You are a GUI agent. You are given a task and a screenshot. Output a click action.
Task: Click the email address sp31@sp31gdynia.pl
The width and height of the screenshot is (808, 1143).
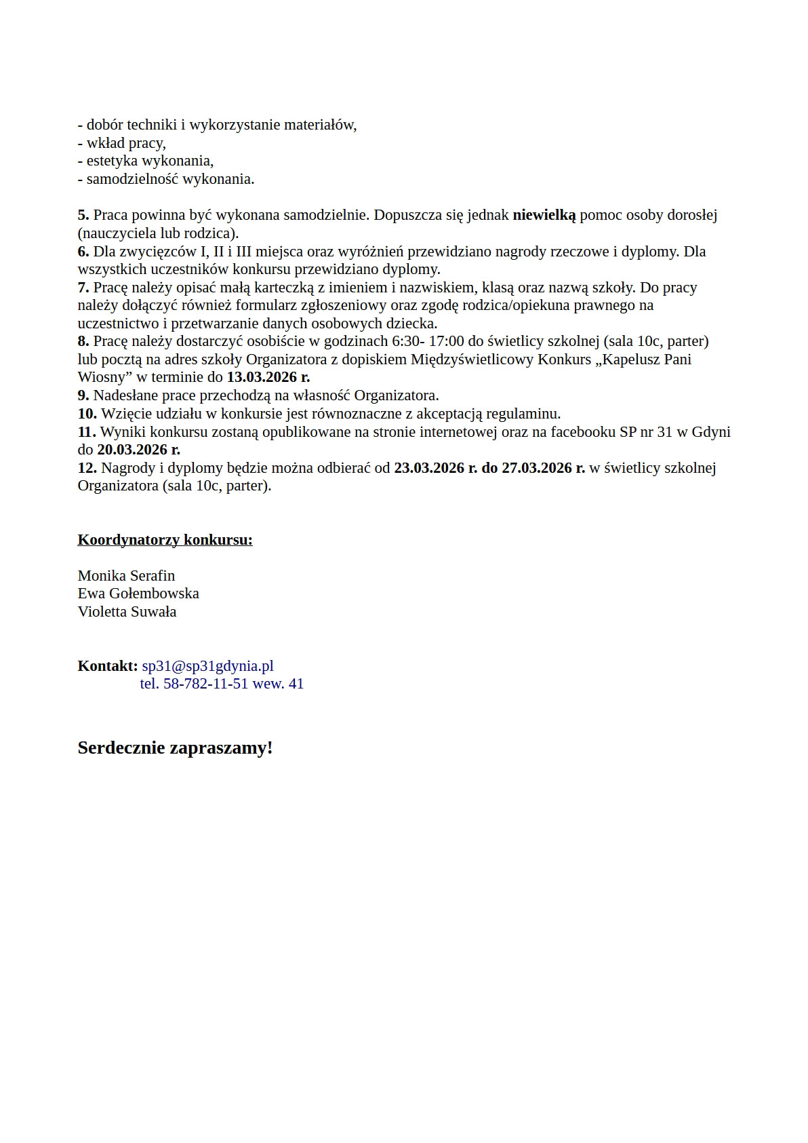pos(207,666)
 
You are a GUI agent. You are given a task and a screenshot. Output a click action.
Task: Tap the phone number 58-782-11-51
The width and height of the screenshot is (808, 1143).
pos(206,684)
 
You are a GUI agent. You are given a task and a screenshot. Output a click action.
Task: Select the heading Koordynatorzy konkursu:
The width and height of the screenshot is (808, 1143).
pos(165,540)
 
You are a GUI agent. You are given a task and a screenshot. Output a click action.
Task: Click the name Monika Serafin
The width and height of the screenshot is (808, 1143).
pos(126,576)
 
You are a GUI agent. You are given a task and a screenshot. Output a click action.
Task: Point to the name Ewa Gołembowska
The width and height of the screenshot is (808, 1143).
pos(138,594)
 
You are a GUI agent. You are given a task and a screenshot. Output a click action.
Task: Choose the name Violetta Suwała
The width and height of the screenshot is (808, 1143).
pos(127,612)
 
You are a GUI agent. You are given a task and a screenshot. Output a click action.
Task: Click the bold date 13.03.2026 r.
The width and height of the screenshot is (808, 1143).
pos(268,377)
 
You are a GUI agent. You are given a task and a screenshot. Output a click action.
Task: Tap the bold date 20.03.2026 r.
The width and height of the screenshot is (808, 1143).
pos(138,450)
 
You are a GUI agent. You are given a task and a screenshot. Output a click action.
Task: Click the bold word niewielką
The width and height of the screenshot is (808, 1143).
pos(544,215)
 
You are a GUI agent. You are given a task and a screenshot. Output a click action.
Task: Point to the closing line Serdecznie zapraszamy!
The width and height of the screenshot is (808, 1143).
pos(175,748)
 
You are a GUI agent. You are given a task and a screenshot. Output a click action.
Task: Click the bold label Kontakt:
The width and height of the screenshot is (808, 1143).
pos(108,666)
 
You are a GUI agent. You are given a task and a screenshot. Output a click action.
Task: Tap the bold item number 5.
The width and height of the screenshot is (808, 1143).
pos(83,215)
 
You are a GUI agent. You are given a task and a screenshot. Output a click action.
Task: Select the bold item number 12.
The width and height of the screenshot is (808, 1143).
pos(87,468)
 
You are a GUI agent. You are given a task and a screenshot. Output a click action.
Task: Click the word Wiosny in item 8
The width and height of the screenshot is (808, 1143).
pos(101,377)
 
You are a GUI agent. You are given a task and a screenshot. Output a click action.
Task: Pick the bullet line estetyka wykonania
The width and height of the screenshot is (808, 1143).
pos(149,161)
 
